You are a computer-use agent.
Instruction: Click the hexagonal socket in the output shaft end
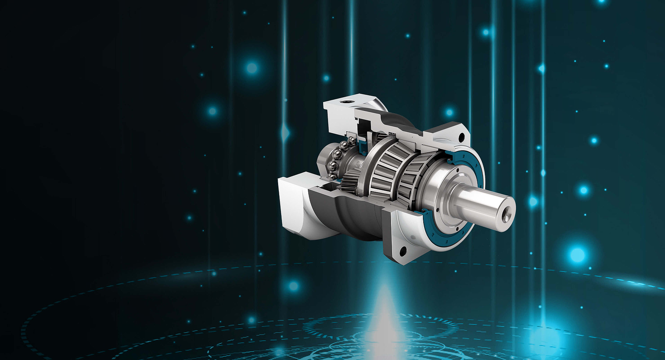tap(506, 217)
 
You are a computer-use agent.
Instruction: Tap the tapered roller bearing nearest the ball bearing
tap(384, 170)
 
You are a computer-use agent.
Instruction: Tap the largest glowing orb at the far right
tap(577, 255)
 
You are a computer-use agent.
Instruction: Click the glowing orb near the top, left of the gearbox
tap(252, 68)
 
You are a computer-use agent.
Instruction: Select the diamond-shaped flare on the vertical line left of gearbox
tap(285, 133)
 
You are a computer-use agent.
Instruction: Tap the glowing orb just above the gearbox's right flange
tap(449, 112)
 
